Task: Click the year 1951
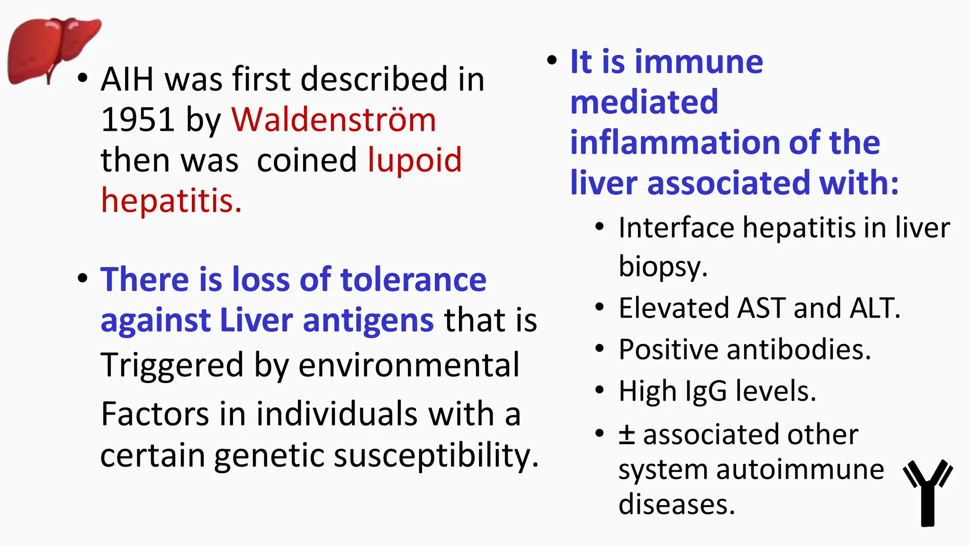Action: pyautogui.click(x=138, y=119)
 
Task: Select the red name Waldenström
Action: pyautogui.click(x=333, y=119)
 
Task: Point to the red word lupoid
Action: pyautogui.click(x=414, y=160)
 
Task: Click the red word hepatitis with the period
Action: pyautogui.click(x=171, y=201)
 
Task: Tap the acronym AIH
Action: pyautogui.click(x=127, y=79)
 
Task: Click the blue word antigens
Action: pyautogui.click(x=368, y=320)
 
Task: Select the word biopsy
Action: pyautogui.click(x=663, y=267)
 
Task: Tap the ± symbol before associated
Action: pyautogui.click(x=627, y=434)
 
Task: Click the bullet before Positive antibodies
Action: pyautogui.click(x=600, y=349)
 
